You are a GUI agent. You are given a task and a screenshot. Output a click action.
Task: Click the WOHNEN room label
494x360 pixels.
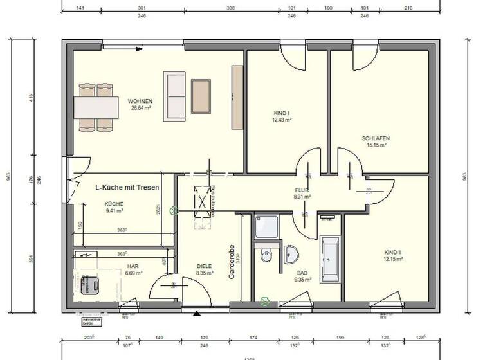pyautogui.click(x=140, y=102)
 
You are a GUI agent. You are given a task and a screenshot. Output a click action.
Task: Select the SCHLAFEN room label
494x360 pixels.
pyautogui.click(x=376, y=138)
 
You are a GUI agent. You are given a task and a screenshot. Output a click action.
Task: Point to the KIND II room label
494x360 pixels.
pyautogui.click(x=393, y=253)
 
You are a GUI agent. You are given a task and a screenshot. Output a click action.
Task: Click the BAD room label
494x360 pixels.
pyautogui.click(x=302, y=273)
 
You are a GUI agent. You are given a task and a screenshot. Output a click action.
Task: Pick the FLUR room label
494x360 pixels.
pyautogui.click(x=302, y=190)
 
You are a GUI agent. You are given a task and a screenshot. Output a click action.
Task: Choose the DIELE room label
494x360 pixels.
pyautogui.click(x=205, y=266)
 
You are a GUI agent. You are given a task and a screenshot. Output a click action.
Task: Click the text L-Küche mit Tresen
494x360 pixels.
pyautogui.click(x=127, y=188)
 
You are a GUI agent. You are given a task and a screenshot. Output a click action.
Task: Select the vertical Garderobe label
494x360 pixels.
pyautogui.click(x=234, y=262)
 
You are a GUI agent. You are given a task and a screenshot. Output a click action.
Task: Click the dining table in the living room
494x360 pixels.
pyautogui.click(x=96, y=106)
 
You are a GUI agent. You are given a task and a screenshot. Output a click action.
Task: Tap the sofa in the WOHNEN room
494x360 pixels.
pyautogui.click(x=175, y=96)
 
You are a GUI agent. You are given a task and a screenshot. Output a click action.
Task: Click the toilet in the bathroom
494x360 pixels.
pyautogui.click(x=267, y=256)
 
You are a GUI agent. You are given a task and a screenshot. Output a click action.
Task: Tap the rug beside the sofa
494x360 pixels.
pyautogui.click(x=201, y=96)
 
